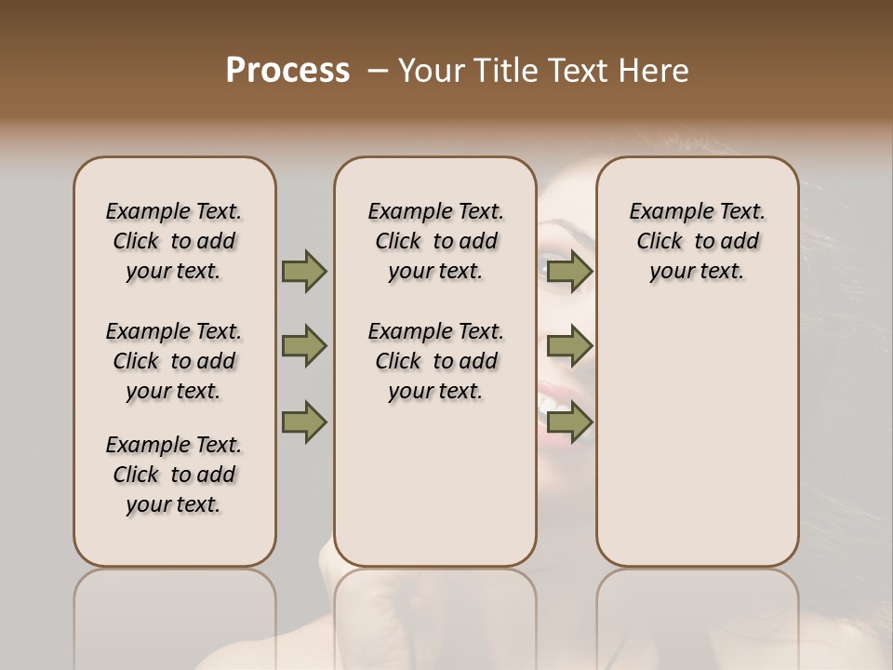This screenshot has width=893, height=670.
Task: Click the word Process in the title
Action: pyautogui.click(x=287, y=71)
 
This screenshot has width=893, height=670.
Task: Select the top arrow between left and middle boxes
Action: pyautogui.click(x=304, y=271)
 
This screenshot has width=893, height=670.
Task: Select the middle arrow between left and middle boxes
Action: pyautogui.click(x=304, y=346)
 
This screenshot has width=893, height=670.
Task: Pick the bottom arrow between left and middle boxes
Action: pyautogui.click(x=304, y=422)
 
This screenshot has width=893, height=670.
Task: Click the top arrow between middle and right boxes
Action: pyautogui.click(x=569, y=271)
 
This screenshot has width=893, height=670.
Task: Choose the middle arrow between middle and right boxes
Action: pyautogui.click(x=569, y=346)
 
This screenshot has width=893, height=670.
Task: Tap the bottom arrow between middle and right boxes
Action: pyautogui.click(x=569, y=422)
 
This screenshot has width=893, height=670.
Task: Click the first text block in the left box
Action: pyautogui.click(x=174, y=241)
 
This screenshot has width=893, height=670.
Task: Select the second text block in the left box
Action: pyautogui.click(x=174, y=361)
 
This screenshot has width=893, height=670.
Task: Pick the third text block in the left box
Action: pyautogui.click(x=174, y=475)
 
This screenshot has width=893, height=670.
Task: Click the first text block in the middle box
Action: pyautogui.click(x=435, y=241)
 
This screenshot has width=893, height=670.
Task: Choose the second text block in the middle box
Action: pyautogui.click(x=435, y=361)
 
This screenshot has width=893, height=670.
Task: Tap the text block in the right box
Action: pyautogui.click(x=697, y=241)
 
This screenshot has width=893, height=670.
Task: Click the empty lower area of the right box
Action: pyautogui.click(x=697, y=447)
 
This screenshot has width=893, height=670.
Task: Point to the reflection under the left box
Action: pyautogui.click(x=175, y=614)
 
